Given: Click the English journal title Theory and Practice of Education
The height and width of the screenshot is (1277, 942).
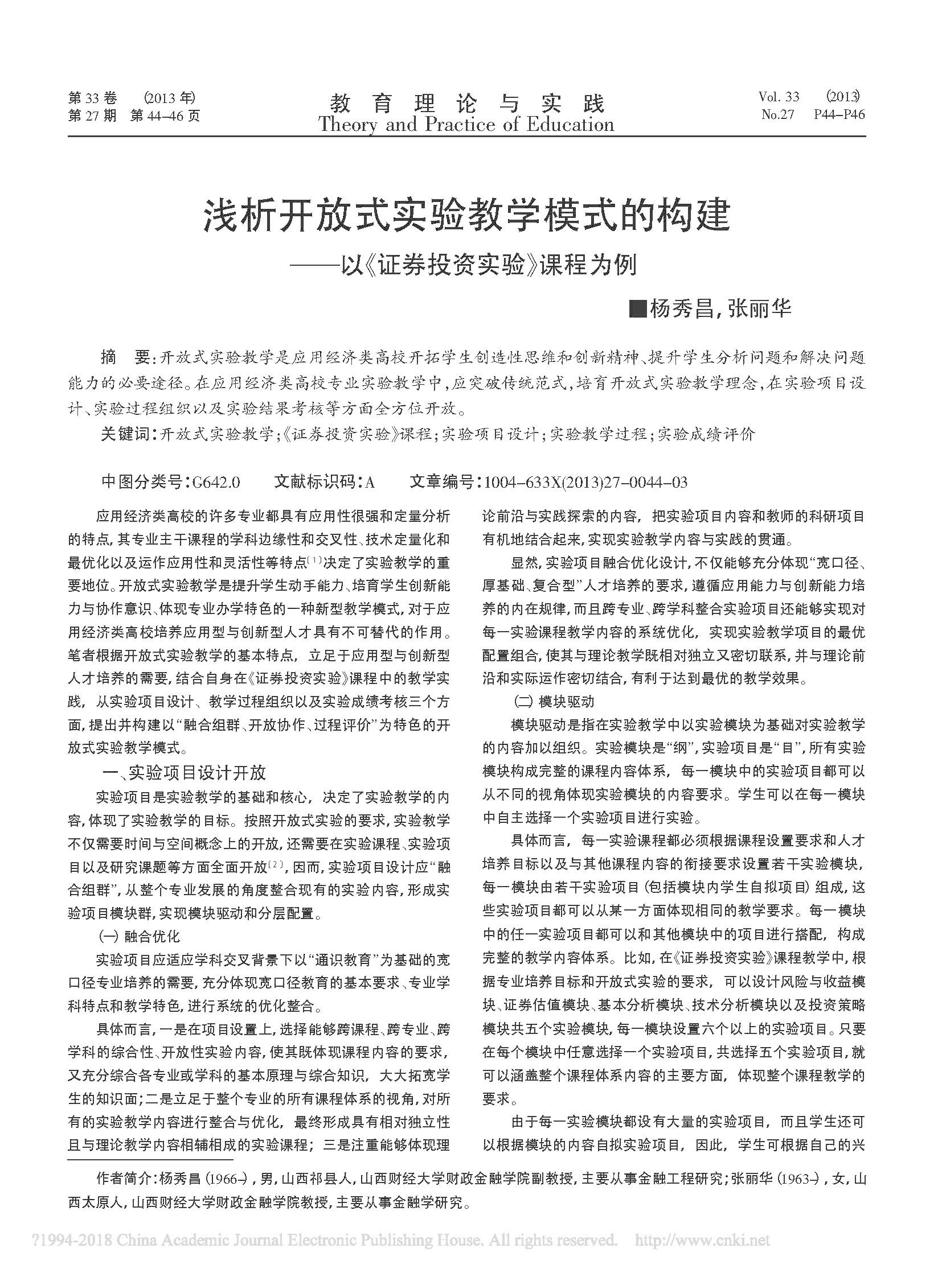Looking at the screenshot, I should (x=466, y=125).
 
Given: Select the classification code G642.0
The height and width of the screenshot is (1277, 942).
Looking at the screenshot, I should (x=216, y=483).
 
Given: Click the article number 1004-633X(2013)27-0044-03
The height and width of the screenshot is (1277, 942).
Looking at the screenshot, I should (x=585, y=483).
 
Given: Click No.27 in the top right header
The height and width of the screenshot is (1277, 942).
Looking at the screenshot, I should (x=777, y=114).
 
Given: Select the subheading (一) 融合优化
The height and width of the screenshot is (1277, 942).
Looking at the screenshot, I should (x=139, y=936).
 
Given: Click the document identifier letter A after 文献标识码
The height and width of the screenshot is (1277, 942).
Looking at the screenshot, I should (x=370, y=483).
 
